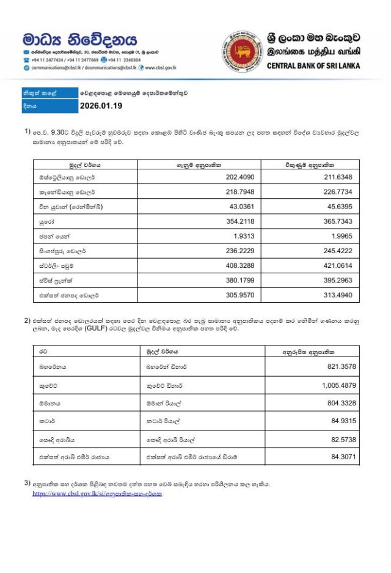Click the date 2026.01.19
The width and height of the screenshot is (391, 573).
tap(101, 106)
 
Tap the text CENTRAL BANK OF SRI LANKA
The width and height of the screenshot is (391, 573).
tap(313, 66)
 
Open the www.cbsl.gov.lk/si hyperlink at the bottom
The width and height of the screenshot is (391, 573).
tap(97, 493)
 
